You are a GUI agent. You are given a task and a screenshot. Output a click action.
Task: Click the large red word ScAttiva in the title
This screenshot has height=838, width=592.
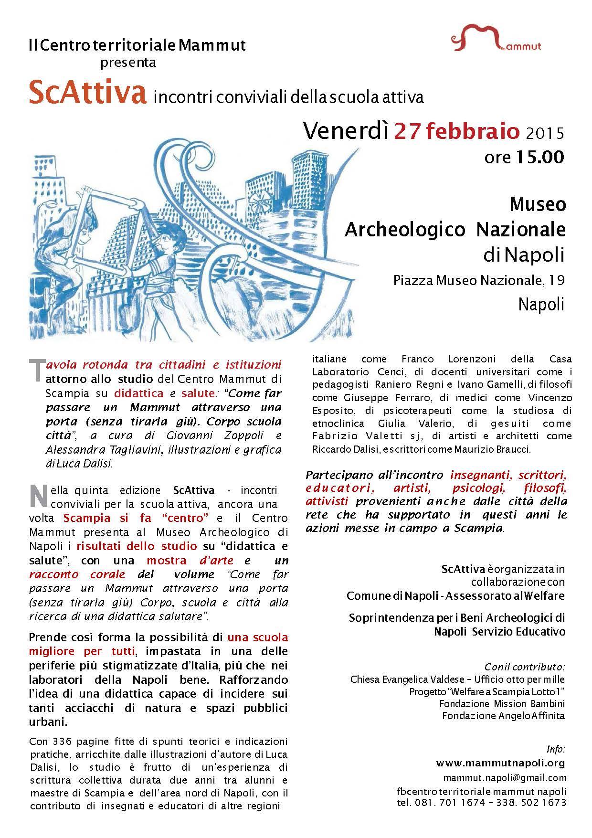point(87,93)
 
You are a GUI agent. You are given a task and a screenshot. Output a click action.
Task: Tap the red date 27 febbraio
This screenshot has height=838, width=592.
point(456,131)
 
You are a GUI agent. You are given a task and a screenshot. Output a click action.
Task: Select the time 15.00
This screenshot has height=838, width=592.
point(538,157)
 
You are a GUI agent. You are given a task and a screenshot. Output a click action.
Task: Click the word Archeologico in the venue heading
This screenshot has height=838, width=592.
point(405,230)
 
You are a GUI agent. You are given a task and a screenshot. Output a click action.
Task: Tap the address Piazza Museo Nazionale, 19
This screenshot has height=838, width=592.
point(479,280)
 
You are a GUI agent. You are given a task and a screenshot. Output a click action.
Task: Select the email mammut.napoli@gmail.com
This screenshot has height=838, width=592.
point(505,777)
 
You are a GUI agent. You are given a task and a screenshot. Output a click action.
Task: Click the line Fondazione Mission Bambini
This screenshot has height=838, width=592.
point(502,704)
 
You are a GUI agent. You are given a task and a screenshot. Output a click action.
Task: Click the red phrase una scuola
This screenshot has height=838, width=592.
point(257,637)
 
